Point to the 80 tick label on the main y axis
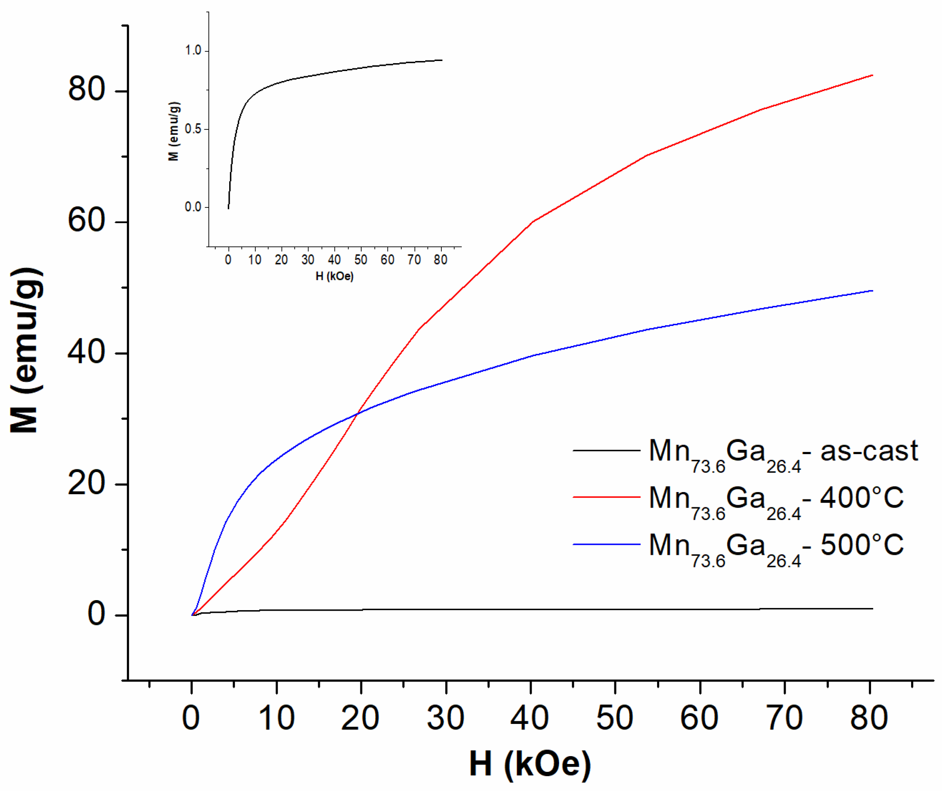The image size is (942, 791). click(87, 88)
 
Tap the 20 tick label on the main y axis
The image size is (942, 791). click(87, 483)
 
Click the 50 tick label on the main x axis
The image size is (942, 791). click(614, 717)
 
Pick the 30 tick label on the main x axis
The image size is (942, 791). click(445, 717)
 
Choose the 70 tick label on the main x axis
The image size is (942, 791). click(784, 717)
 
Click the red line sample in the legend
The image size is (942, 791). click(606, 497)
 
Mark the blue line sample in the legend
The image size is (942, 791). click(606, 544)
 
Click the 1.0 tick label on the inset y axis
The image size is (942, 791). click(193, 50)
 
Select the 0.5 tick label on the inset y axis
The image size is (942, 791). click(193, 129)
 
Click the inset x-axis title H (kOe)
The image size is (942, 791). click(334, 276)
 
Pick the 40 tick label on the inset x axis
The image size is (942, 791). click(334, 259)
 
